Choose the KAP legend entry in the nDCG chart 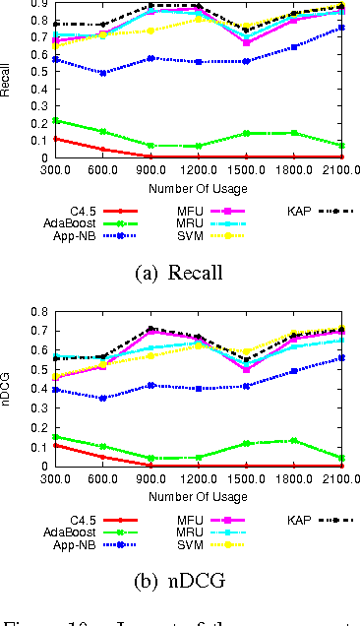(x=317, y=519)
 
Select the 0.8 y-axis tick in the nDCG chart (x=18, y=311)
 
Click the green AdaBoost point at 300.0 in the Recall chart (x=29, y=120)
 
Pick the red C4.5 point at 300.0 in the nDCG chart (x=29, y=445)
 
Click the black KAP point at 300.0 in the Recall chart (x=29, y=24)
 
